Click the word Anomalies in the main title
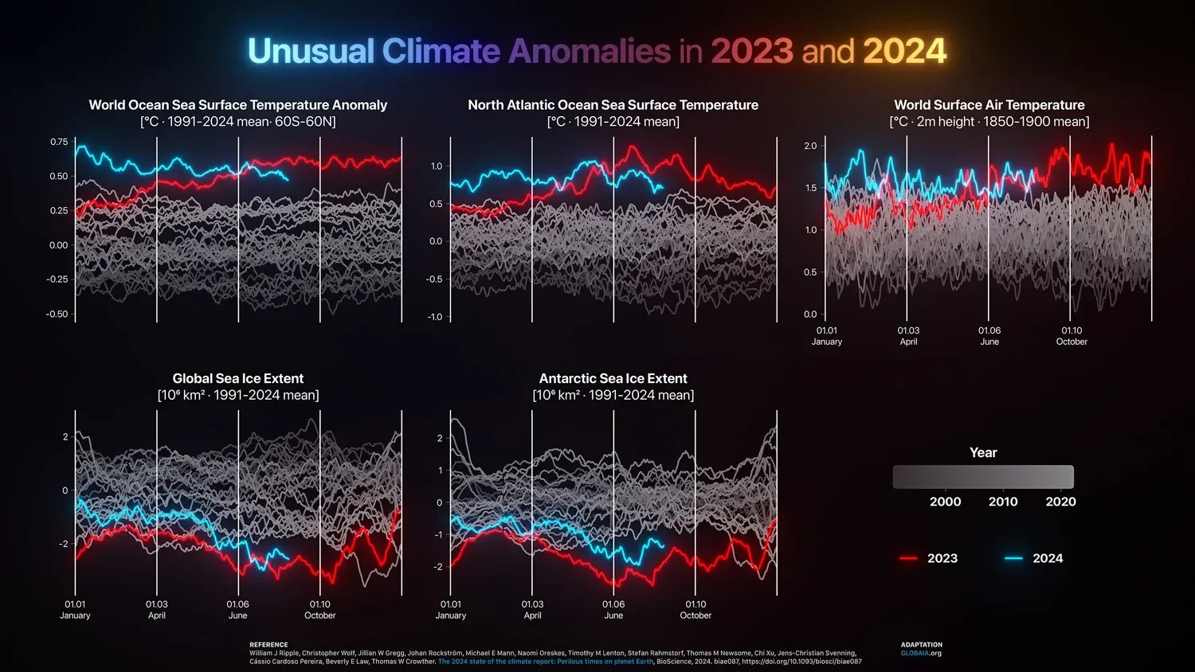[590, 52]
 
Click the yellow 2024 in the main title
[904, 52]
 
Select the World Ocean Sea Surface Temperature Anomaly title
[237, 105]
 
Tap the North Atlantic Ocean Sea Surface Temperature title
[613, 105]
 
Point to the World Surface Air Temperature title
[989, 105]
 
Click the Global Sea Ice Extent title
[237, 379]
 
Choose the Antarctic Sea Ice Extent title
[613, 379]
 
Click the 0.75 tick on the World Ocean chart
[59, 142]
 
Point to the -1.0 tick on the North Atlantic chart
[434, 317]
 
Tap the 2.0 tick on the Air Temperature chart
[810, 146]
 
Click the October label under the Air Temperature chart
[1072, 342]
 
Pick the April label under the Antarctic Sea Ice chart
[532, 615]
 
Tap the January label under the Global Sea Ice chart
[75, 615]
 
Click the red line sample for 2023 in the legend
[908, 559]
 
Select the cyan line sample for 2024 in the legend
[1013, 559]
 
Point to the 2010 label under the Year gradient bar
[1003, 502]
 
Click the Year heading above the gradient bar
[983, 452]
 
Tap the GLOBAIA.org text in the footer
[921, 654]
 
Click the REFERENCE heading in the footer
[268, 645]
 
